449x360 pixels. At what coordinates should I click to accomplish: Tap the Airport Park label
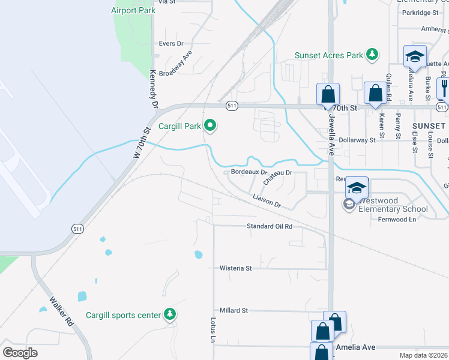click(x=133, y=10)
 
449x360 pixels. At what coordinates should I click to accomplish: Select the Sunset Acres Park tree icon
click(x=372, y=55)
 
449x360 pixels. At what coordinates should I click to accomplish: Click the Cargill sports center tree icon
click(x=170, y=314)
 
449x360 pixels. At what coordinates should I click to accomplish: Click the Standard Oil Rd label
click(x=270, y=226)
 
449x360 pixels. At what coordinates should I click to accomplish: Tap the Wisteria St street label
click(x=236, y=268)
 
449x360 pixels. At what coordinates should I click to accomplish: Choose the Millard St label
click(x=234, y=310)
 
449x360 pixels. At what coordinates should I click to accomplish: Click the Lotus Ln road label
click(x=212, y=330)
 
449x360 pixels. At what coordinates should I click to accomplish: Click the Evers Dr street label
click(x=171, y=44)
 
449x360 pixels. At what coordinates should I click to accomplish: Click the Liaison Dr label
click(x=267, y=200)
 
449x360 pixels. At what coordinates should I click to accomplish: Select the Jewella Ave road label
click(x=331, y=136)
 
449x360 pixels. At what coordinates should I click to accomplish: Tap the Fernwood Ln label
click(x=397, y=220)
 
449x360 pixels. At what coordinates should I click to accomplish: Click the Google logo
click(x=20, y=353)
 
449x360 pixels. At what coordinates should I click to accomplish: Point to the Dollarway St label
click(x=357, y=140)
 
